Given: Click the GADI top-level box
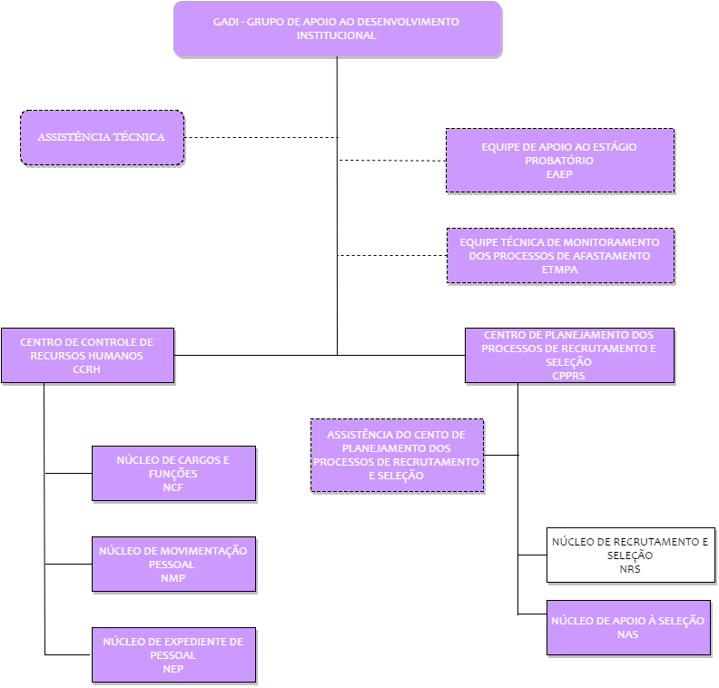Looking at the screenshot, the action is tap(338, 29).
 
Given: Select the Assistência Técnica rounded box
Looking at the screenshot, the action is tap(103, 137).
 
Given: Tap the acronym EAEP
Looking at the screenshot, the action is tap(559, 174).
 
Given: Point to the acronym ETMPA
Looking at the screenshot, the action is tap(559, 270).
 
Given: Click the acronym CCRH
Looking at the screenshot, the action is tap(86, 369).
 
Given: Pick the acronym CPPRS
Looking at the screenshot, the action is tap(568, 376).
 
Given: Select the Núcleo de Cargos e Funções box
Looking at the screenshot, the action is tap(173, 474).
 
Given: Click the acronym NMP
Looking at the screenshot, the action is tap(172, 578).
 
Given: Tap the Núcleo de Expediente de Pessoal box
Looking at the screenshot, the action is tap(173, 655).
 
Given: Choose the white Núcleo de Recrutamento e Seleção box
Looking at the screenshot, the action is tap(631, 555).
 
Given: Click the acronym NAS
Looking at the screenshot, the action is tap(627, 634).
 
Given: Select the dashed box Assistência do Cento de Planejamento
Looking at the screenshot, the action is tap(397, 455).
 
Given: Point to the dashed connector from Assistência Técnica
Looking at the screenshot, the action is tap(261, 137).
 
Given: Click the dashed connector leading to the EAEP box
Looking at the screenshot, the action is tap(392, 161).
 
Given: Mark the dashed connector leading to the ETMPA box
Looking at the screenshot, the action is tap(392, 255).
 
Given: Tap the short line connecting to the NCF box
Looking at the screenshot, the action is tap(68, 473).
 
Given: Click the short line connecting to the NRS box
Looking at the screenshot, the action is tap(532, 555).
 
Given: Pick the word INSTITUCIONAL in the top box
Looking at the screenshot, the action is tap(336, 35).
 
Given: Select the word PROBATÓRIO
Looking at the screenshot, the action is tap(559, 161).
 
